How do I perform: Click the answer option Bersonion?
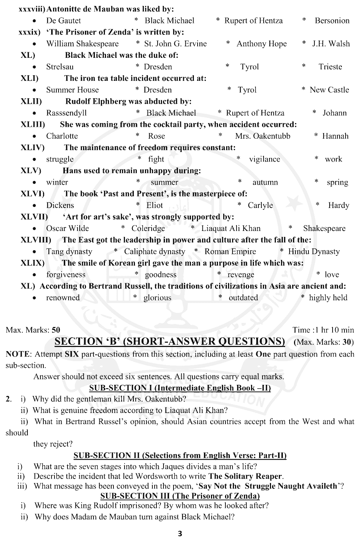tap(332, 21)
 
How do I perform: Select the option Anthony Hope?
tap(261, 44)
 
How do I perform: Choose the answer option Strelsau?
tap(60, 67)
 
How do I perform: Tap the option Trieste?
tap(330, 67)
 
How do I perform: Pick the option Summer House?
tap(72, 90)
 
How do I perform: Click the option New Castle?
tap(329, 90)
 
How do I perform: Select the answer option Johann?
tap(334, 113)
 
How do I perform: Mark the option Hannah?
tap(335, 136)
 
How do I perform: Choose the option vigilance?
tap(264, 159)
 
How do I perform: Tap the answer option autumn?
tap(265, 182)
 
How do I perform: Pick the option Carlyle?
tap(260, 205)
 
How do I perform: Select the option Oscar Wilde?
tap(67, 228)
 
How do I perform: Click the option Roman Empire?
tap(230, 251)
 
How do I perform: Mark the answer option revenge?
tap(241, 275)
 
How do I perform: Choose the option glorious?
tap(157, 298)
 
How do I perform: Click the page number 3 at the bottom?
tap(180, 534)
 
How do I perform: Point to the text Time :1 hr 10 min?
tap(323, 330)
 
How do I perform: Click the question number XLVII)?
tap(34, 217)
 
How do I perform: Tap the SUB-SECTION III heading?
tap(180, 496)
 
